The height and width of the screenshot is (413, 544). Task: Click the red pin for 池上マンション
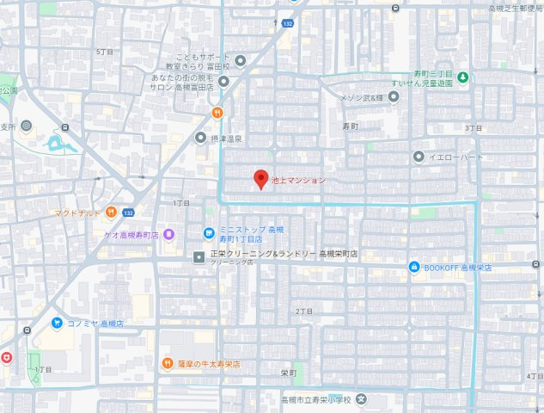point(260,180)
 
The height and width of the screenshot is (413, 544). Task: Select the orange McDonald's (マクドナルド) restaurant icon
point(111,212)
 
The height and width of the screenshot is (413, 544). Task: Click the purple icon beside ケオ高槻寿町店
point(169,234)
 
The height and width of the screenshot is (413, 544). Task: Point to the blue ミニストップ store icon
point(208,232)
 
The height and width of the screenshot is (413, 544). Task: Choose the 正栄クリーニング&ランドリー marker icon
point(199,256)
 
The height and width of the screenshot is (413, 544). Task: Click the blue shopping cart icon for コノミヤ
point(56,324)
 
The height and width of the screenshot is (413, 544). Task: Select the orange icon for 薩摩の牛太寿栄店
point(169,363)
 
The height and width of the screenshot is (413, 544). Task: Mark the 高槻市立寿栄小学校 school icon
point(362,399)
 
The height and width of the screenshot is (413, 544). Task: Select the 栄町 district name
point(288,373)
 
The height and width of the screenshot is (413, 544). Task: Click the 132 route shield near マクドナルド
point(129,212)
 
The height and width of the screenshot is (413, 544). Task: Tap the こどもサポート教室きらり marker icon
point(241,60)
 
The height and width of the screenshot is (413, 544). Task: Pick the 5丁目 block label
point(104,52)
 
